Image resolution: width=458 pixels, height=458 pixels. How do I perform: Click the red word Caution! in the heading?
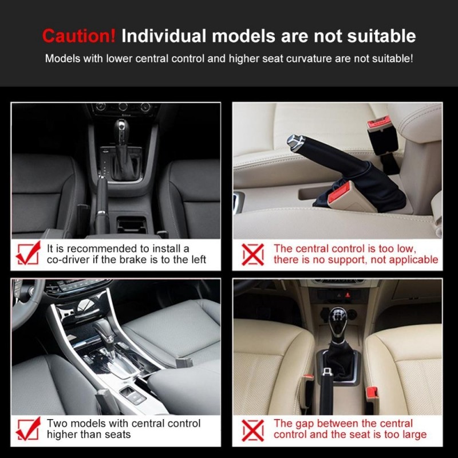click(79, 36)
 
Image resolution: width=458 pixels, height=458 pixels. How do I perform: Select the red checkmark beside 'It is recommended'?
click(28, 253)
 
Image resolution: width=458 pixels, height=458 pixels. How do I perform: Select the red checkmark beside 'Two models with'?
click(28, 428)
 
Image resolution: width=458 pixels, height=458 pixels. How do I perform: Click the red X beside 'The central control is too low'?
click(253, 254)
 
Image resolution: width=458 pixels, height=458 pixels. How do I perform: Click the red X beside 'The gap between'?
click(253, 431)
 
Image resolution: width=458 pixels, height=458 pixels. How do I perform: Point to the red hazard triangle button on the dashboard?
click(348, 295)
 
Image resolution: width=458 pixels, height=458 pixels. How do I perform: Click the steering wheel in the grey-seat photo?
click(27, 304)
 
